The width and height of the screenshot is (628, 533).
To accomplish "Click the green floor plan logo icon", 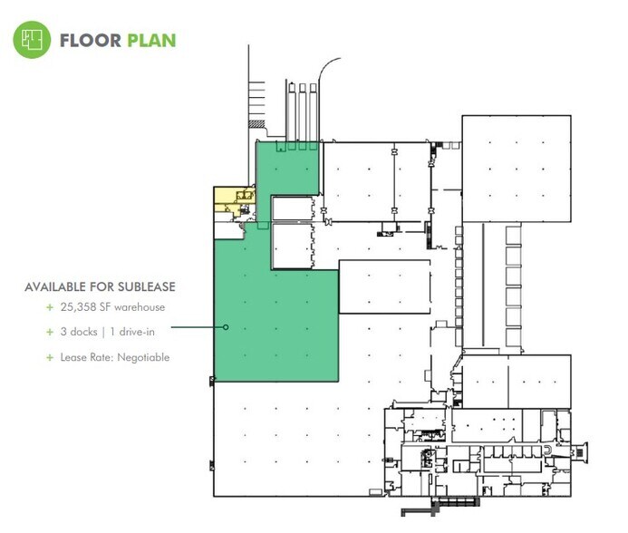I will pyautogui.click(x=32, y=40).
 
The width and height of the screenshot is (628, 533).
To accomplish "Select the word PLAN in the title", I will pyautogui.click(x=151, y=41).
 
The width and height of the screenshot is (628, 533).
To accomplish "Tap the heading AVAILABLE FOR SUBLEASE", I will pyautogui.click(x=100, y=287).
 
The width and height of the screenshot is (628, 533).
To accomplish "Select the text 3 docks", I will pyautogui.click(x=80, y=332).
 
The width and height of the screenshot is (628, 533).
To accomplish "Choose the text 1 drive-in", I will pyautogui.click(x=134, y=332).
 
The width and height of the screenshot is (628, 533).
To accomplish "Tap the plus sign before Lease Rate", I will pyautogui.click(x=51, y=357).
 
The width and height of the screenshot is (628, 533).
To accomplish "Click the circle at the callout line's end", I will pyautogui.click(x=226, y=326).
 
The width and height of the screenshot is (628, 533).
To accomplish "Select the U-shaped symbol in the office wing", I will pyautogui.click(x=546, y=451).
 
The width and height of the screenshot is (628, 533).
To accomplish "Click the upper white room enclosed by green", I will pyautogui.click(x=292, y=208).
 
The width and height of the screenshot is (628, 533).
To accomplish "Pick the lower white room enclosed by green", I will pyautogui.click(x=292, y=245).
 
